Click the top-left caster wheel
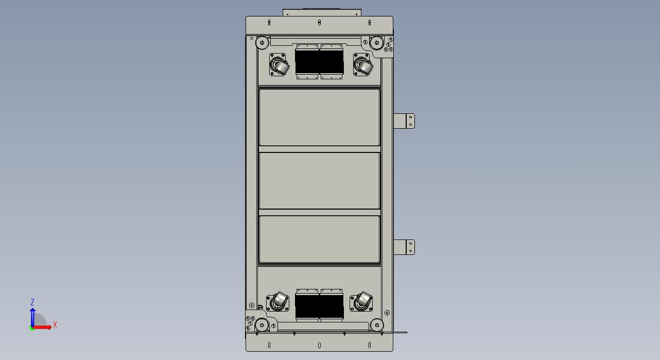279,65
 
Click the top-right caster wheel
363,65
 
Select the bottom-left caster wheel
277,301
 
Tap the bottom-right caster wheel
361,301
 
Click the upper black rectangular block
319,61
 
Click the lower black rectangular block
319,306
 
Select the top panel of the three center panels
319,117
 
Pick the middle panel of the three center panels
319,181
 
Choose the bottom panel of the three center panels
319,239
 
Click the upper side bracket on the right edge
404,121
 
